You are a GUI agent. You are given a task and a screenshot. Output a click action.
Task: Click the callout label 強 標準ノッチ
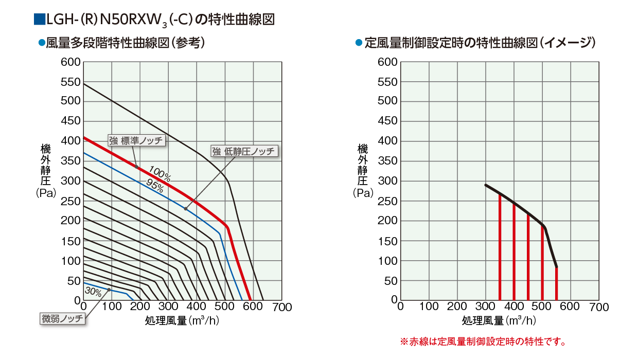(136, 140)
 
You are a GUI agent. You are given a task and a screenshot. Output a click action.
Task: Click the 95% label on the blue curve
(154, 186)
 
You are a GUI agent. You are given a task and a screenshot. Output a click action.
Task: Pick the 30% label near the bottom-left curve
(93, 292)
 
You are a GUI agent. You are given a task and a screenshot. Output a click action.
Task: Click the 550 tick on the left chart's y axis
(70, 82)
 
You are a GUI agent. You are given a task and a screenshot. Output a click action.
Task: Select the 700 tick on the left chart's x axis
(282, 308)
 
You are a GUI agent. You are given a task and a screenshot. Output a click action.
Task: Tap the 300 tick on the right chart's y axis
(387, 181)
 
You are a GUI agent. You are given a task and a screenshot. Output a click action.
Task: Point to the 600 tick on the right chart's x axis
(570, 307)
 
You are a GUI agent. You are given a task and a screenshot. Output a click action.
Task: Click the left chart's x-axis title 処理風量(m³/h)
(183, 320)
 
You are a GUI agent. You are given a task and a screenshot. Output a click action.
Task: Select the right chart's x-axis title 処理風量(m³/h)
(500, 320)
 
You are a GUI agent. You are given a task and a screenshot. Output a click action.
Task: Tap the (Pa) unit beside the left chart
(46, 193)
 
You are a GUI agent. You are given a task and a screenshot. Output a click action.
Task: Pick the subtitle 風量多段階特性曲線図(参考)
(126, 43)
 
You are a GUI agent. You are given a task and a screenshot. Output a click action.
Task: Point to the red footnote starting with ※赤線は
(483, 341)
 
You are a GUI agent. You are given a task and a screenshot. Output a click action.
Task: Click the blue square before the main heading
(39, 20)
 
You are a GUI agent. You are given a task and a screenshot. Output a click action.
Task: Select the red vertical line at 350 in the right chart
(500, 247)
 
